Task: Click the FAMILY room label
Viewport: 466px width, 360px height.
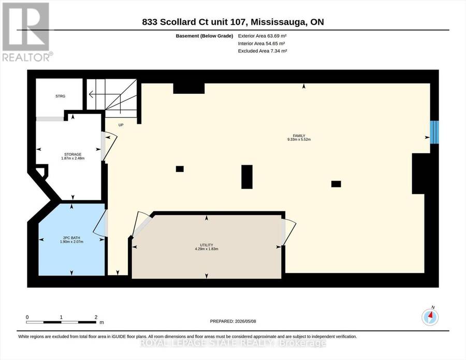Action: click(299, 136)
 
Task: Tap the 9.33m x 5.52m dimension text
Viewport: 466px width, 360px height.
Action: click(299, 139)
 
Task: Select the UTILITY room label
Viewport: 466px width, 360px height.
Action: click(207, 245)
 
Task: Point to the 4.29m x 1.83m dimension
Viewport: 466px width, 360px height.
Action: click(207, 249)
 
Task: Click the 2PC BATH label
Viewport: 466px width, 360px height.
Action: click(71, 238)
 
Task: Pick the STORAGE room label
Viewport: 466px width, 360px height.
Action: click(73, 154)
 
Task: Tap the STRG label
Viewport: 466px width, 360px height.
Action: click(61, 96)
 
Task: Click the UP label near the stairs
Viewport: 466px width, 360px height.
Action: click(121, 125)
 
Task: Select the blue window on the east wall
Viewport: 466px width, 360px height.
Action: click(434, 132)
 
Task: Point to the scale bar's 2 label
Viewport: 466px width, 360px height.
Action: click(96, 317)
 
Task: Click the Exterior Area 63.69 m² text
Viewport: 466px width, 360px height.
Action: click(262, 36)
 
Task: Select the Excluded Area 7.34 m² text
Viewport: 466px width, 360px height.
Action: click(263, 51)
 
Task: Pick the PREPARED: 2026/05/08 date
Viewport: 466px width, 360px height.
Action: click(233, 321)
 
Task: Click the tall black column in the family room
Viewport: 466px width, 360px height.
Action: click(247, 177)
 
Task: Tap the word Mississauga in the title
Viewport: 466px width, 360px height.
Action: click(279, 22)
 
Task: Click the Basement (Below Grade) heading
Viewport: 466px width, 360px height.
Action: click(205, 36)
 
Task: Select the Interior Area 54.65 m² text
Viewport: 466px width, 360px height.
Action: click(261, 44)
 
